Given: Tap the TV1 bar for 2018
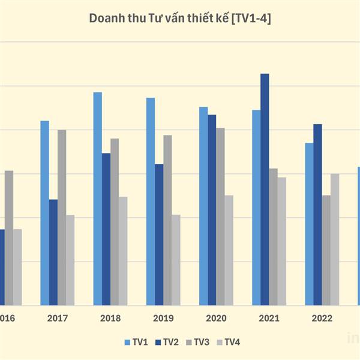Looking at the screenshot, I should point(98,199).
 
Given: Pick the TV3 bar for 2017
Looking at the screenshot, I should point(62,217).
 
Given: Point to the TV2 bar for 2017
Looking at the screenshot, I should point(53,252).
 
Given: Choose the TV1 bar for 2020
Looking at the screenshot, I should point(203,206).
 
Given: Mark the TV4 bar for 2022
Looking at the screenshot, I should point(335,239).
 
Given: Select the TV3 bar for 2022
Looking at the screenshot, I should point(326,250).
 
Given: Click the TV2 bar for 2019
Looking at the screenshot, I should point(159,235).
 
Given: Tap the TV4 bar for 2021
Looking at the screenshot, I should point(282,241).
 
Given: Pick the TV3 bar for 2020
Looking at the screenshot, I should point(220,217).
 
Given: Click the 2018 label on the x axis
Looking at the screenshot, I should point(110,319).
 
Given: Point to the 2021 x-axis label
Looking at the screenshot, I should point(269,319).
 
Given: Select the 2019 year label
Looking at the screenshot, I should point(163,319).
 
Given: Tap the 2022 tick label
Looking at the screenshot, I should point(322,319).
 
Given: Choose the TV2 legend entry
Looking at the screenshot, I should point(167,342).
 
